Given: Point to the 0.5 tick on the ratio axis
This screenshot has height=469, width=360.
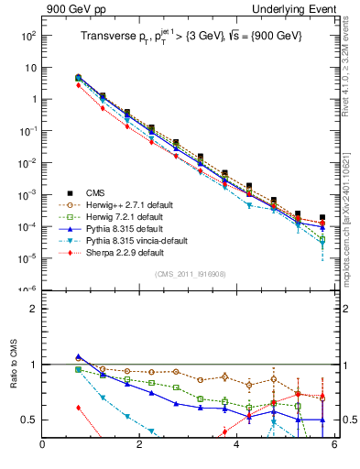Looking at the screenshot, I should coord(29,420).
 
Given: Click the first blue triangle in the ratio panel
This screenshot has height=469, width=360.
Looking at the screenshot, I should coord(79,357).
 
